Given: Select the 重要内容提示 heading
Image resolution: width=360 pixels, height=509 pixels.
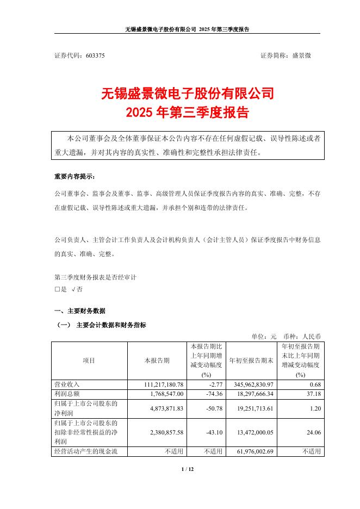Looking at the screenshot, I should coord(74,177).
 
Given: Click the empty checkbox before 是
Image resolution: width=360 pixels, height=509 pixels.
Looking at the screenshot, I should coord(57,289).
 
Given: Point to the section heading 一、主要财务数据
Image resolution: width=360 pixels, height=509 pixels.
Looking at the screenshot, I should coord(79,311).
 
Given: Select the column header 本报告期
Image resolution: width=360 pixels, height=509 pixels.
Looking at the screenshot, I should coord(157,361).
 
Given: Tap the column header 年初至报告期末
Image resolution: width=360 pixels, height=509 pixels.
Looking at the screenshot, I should coord(252,361).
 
